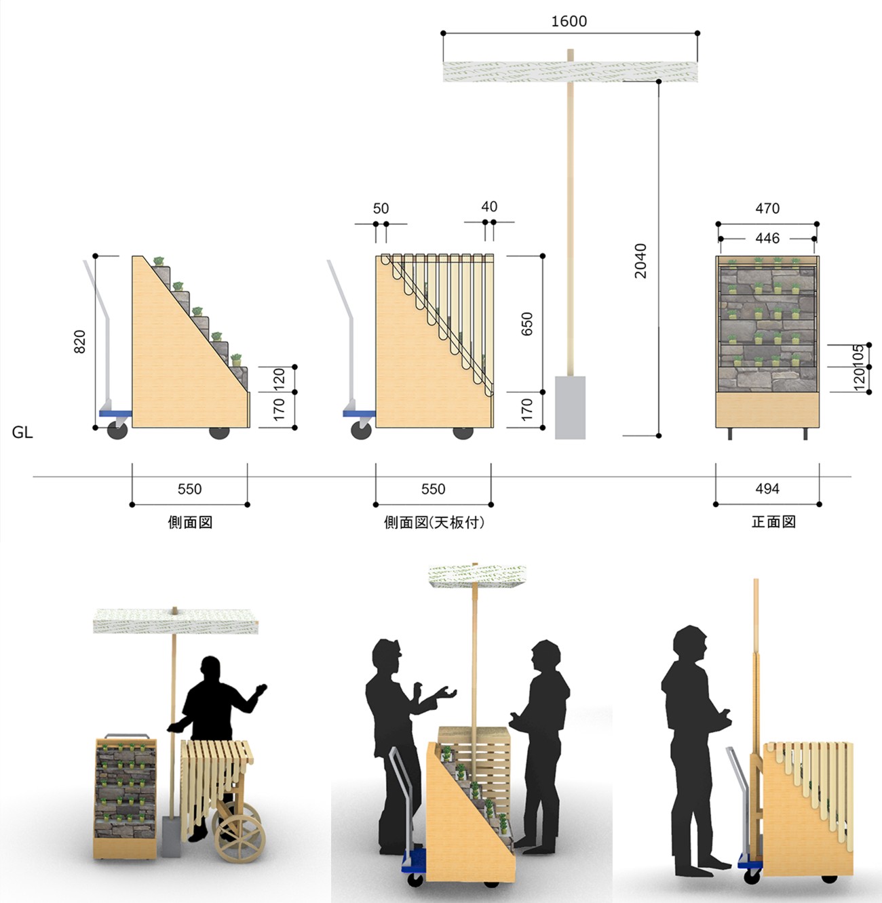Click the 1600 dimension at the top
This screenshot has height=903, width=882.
[569, 21]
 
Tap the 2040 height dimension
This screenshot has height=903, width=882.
[640, 261]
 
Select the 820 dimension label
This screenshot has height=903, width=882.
[80, 342]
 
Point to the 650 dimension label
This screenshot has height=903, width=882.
[526, 324]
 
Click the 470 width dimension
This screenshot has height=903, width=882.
[767, 208]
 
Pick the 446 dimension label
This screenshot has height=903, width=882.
[767, 238]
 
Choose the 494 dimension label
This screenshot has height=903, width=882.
[767, 489]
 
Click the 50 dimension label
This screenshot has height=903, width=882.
[381, 208]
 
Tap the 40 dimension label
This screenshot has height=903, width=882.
[489, 207]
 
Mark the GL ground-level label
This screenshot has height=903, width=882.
[22, 433]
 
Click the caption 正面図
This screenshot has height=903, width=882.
[773, 522]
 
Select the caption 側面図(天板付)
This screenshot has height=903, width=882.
[434, 523]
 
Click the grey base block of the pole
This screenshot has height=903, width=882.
[571, 407]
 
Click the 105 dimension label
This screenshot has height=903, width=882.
[859, 355]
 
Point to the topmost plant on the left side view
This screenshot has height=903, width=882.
[159, 261]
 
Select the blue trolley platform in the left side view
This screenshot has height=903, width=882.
[115, 414]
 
